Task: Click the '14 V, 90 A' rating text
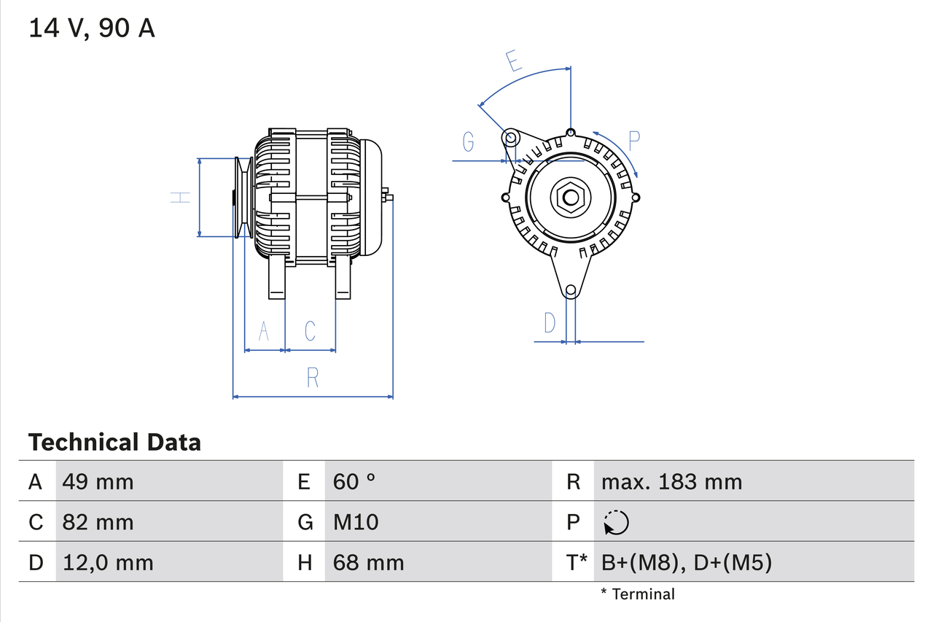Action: coord(92,28)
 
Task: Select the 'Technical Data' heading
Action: coord(114,443)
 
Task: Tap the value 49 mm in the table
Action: coord(98,481)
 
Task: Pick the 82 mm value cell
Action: coord(98,522)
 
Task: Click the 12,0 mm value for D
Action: coord(108,562)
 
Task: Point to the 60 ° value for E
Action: coord(354,481)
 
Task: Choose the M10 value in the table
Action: coord(356,522)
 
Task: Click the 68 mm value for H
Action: coord(368,562)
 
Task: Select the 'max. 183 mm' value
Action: coord(671,481)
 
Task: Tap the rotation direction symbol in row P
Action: coord(616,522)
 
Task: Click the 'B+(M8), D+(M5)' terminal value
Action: coord(686,562)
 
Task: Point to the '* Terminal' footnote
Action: coord(638,594)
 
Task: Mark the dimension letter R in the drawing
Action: coord(313,378)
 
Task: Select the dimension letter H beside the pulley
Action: coord(180,197)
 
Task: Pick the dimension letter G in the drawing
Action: coord(468,141)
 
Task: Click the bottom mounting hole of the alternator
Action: coord(571,290)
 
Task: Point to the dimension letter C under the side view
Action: coord(310,331)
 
